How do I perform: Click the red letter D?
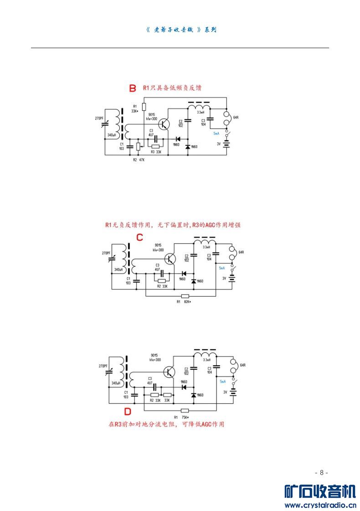pos(128,412)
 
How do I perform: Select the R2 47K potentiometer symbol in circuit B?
pos(139,146)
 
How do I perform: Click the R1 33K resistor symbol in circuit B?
pos(144,107)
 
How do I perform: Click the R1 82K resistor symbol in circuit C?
pos(185,296)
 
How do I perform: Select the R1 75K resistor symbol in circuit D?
pos(185,410)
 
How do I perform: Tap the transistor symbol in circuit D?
pos(170,372)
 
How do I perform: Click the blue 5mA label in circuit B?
pos(216,134)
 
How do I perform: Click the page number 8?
pos(321,472)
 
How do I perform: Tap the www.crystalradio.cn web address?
pos(320,505)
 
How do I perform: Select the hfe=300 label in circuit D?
pos(155,360)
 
